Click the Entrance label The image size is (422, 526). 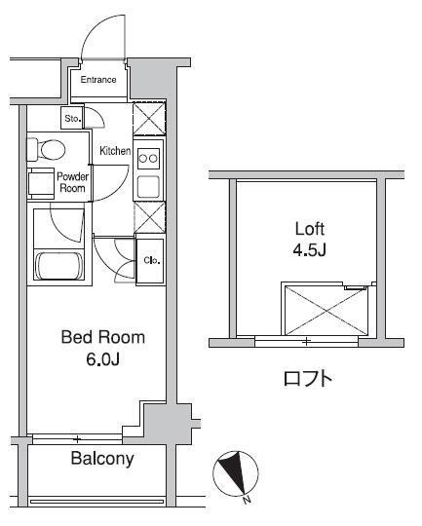[98, 80]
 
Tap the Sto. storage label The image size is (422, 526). [72, 120]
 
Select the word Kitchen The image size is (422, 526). [115, 151]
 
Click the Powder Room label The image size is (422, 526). [73, 183]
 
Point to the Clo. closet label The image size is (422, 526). [152, 260]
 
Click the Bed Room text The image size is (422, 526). [102, 338]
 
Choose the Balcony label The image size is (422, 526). [101, 459]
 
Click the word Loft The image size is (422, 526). [310, 230]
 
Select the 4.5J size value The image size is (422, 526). [310, 250]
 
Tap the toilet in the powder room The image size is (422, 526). [48, 149]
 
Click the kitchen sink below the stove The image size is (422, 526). [148, 186]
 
